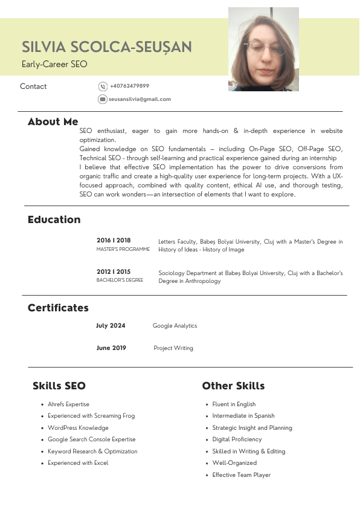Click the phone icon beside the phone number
pos(103,86)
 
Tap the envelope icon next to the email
pos(103,99)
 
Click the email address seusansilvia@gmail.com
pos(140,99)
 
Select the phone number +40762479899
pos(129,86)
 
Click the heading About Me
pos(53,122)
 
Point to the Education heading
pos(54,219)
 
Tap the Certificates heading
pos(58,308)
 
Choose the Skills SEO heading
pos(59,386)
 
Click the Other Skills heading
pos(233,386)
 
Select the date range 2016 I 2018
pos(114,240)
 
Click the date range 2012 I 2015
pos(114,272)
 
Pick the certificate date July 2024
pos(111,326)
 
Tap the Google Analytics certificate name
pos(175,326)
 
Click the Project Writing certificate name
pos(173,348)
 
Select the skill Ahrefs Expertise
pos(68,404)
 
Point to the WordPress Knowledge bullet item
pos(78,428)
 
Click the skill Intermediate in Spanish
pos(243,416)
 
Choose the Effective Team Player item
pos(241,475)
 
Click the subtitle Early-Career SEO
pos(54,64)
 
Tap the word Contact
pos(33,86)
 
